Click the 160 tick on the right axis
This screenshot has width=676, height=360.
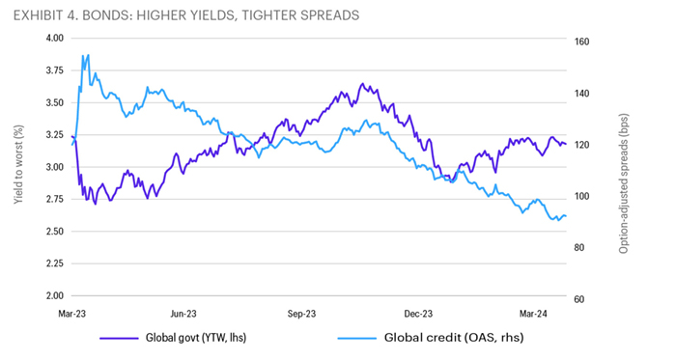(x=582, y=42)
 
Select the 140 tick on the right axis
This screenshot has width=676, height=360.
(x=582, y=94)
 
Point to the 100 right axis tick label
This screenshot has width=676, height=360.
(x=582, y=197)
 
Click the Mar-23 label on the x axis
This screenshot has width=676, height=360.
(x=74, y=314)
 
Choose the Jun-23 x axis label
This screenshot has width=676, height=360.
(x=183, y=314)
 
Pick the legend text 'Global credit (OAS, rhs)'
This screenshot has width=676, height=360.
(x=444, y=339)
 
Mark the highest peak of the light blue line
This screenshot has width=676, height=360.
(x=88, y=55)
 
